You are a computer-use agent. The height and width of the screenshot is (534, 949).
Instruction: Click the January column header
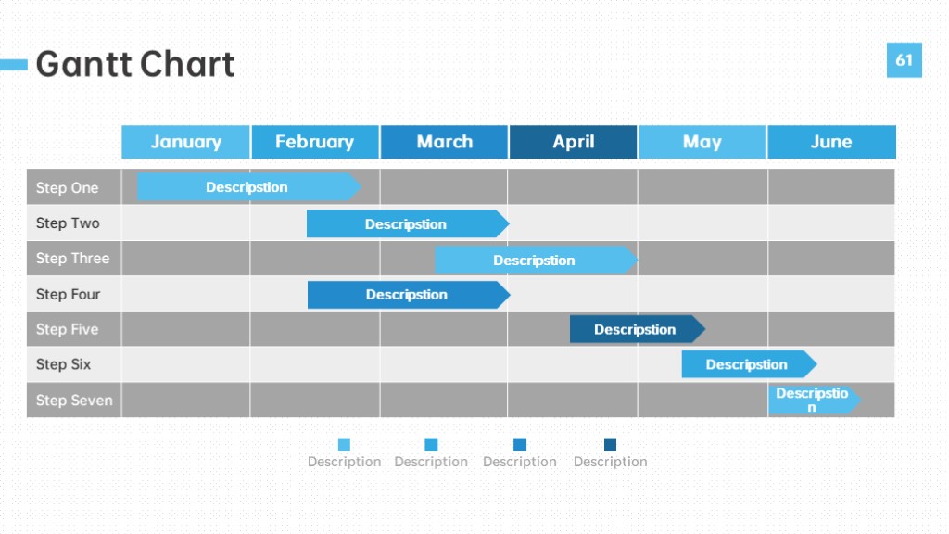click(x=185, y=142)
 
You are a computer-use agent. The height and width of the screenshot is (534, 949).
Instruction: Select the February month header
click(x=315, y=142)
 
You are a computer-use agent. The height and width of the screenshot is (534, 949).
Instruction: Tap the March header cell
click(x=444, y=142)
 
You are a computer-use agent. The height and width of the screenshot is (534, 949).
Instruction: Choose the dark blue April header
click(x=573, y=142)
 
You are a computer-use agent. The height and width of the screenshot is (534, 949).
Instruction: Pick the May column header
click(x=702, y=142)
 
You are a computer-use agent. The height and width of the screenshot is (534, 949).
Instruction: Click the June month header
click(x=831, y=142)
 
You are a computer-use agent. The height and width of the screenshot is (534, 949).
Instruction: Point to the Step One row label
click(x=67, y=187)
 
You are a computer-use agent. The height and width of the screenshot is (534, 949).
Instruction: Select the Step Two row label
click(x=68, y=223)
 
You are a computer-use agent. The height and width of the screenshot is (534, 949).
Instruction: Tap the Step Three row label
click(x=72, y=259)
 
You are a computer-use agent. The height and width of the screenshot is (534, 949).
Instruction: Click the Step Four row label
click(x=68, y=294)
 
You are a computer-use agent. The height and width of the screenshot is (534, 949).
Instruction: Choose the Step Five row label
click(x=67, y=329)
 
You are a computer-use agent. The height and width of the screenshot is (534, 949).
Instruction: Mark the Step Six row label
click(x=64, y=364)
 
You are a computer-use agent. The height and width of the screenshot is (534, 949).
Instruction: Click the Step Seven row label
click(x=74, y=400)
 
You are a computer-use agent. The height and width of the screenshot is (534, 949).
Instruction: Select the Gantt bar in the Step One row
click(x=249, y=187)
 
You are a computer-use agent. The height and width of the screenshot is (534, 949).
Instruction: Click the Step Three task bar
click(x=537, y=261)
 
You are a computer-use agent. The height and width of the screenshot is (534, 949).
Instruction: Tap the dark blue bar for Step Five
click(x=638, y=329)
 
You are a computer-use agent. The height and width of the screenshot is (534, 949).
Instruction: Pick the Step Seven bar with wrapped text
click(x=815, y=400)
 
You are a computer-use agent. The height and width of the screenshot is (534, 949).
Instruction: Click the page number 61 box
click(x=905, y=60)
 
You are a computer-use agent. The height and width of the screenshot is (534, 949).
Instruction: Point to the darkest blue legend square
click(x=610, y=445)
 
